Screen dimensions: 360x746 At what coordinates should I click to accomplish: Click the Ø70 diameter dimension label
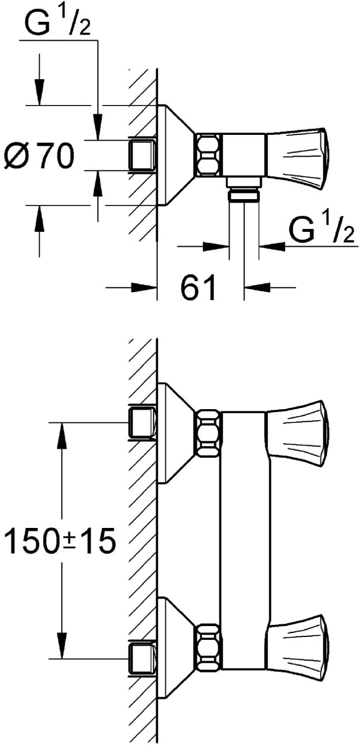point(38,156)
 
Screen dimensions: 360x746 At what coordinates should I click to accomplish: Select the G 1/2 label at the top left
point(57,24)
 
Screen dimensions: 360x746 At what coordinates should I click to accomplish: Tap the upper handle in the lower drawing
point(299,433)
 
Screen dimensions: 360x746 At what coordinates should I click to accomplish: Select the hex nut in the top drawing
point(209,154)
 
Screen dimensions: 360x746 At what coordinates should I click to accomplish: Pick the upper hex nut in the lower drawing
point(208,433)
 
